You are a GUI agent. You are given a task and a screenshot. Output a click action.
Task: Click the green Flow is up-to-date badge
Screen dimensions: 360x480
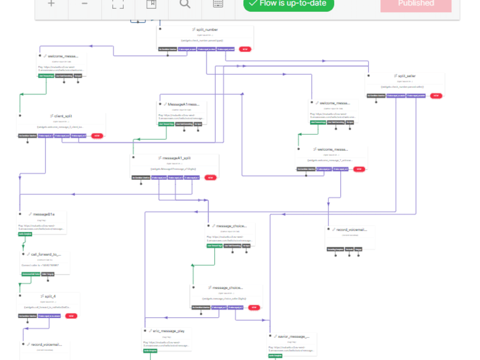288,4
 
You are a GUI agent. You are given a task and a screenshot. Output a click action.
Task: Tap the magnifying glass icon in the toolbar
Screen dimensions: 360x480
185,4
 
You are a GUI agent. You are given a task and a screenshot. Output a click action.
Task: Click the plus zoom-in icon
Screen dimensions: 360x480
51,4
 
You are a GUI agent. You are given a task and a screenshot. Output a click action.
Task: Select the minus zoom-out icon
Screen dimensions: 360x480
84,4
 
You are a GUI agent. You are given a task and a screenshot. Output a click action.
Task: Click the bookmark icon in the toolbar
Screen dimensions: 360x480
151,4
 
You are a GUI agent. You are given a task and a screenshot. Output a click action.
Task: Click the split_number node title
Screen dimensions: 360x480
207,30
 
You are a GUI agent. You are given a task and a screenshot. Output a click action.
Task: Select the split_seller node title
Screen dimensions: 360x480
407,76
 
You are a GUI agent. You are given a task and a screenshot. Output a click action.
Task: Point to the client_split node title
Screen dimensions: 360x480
63,116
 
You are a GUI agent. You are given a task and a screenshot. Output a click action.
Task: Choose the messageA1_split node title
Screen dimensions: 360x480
177,158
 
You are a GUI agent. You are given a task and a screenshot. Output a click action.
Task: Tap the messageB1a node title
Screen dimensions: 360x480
44,214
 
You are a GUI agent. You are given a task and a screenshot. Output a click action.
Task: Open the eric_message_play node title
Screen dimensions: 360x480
165,331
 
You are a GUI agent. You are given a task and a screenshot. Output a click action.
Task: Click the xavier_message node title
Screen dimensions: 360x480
293,336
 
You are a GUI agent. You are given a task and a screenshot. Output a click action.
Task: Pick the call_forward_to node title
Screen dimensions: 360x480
47,254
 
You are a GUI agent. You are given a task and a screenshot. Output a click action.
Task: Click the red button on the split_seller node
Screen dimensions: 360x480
436,96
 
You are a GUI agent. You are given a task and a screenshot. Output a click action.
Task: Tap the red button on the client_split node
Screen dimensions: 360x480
97,136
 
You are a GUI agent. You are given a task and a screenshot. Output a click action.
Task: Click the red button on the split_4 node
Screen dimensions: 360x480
71,316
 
